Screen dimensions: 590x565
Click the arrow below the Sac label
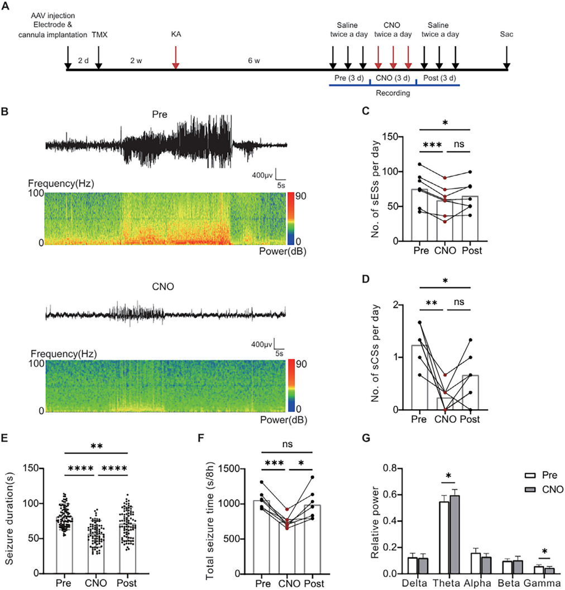pos(507,57)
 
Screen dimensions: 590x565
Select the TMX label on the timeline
pos(99,34)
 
